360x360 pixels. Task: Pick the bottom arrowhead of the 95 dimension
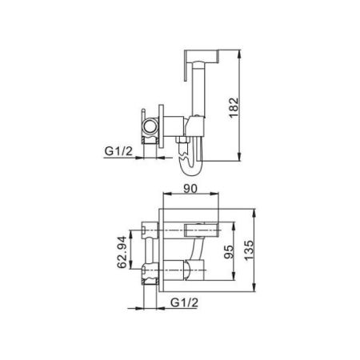click(237, 284)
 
